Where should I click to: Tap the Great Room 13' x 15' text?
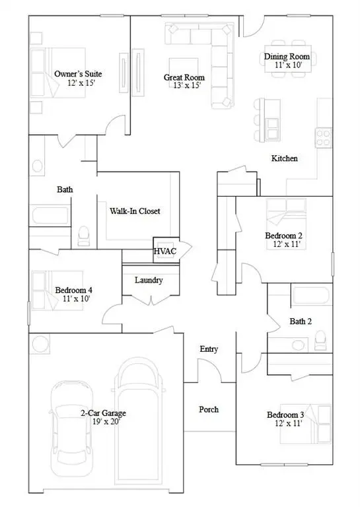pyautogui.click(x=184, y=82)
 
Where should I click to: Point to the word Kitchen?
pyautogui.click(x=285, y=158)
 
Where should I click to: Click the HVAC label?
pyautogui.click(x=165, y=252)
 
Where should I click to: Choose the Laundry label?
pyautogui.click(x=149, y=280)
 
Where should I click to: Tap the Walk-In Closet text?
pyautogui.click(x=135, y=211)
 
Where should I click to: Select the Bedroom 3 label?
pyautogui.click(x=285, y=419)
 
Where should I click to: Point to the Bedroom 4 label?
pyautogui.click(x=73, y=294)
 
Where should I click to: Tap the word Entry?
pyautogui.click(x=209, y=349)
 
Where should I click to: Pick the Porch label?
pyautogui.click(x=209, y=409)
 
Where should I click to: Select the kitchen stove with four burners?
pyautogui.click(x=323, y=137)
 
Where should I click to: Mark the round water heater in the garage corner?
pyautogui.click(x=40, y=344)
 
